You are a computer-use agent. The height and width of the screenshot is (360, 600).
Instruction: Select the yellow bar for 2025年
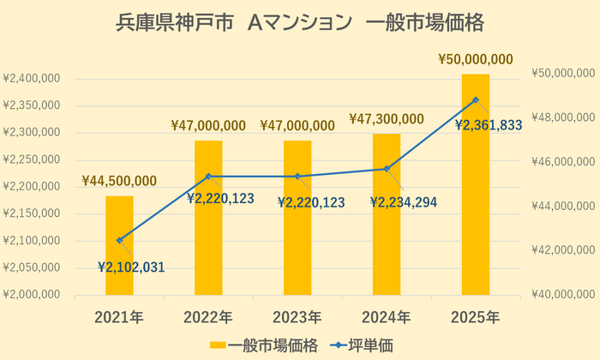475,185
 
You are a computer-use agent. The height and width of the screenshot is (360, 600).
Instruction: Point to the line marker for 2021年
119,240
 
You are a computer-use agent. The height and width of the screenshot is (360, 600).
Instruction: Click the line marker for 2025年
475,100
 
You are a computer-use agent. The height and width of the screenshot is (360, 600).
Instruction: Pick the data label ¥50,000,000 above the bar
475,59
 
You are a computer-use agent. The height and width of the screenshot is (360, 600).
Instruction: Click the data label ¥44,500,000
119,180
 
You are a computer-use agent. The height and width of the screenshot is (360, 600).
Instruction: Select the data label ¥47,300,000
386,118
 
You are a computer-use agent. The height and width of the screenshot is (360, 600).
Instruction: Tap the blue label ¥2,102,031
130,267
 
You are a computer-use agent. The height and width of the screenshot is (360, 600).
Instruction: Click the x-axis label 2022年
208,315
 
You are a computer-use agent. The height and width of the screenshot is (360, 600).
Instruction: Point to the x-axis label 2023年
297,315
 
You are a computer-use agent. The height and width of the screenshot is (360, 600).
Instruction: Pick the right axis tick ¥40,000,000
561,294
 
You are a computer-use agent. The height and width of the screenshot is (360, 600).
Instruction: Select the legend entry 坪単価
361,345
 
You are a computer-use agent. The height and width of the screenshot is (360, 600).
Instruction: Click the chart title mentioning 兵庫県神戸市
299,22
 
